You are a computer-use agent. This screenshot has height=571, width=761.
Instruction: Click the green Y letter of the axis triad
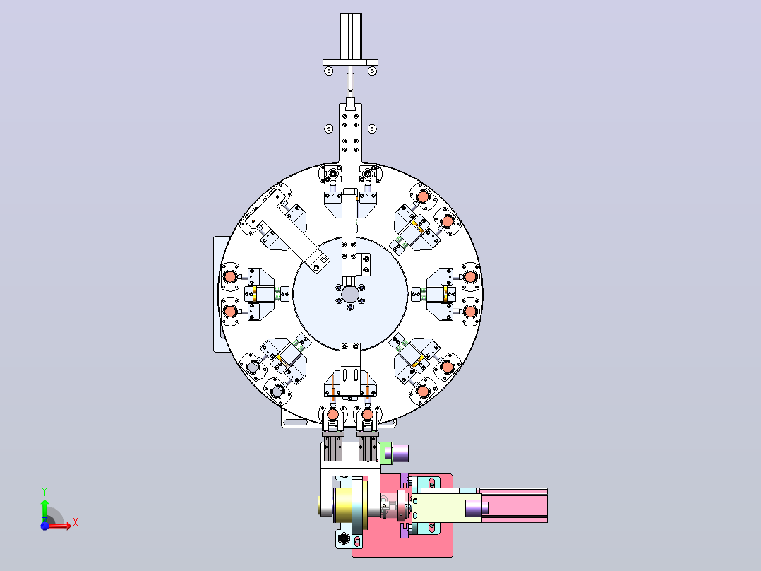pyautogui.click(x=44, y=492)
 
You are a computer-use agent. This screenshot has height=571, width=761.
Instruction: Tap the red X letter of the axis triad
pyautogui.click(x=76, y=523)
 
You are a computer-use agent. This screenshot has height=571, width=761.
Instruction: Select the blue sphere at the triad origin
pyautogui.click(x=44, y=526)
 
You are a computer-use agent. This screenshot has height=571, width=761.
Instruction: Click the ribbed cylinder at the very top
pyautogui.click(x=351, y=37)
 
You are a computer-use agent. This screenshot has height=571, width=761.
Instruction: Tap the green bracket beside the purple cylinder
pyautogui.click(x=386, y=453)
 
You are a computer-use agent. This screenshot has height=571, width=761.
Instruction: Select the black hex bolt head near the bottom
pyautogui.click(x=344, y=538)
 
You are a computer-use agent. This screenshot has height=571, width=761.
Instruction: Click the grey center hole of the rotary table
pyautogui.click(x=350, y=294)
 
